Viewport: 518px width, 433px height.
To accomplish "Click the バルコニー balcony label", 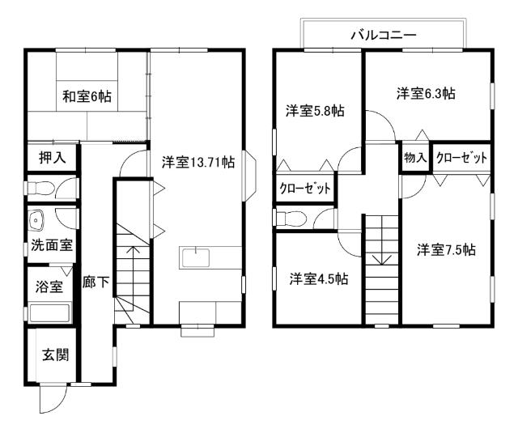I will [383, 35].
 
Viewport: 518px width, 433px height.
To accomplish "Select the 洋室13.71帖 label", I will [197, 162].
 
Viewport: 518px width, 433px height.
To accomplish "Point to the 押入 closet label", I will [50, 157].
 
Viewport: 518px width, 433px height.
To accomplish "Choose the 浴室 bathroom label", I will [49, 286].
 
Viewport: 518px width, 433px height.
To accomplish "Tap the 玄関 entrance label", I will [55, 354].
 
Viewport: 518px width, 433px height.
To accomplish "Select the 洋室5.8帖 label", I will [314, 110].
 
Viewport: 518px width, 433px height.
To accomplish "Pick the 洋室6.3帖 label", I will [426, 93].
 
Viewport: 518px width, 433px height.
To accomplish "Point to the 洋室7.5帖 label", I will [446, 249].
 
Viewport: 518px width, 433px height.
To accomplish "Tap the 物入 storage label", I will [414, 157].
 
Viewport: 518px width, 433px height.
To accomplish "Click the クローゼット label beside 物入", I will [461, 157].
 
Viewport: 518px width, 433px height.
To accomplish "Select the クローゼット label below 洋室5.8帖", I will [305, 189].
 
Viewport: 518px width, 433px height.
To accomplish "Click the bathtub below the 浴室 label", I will [49, 312].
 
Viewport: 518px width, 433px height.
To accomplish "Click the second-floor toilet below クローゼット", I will [289, 218].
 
